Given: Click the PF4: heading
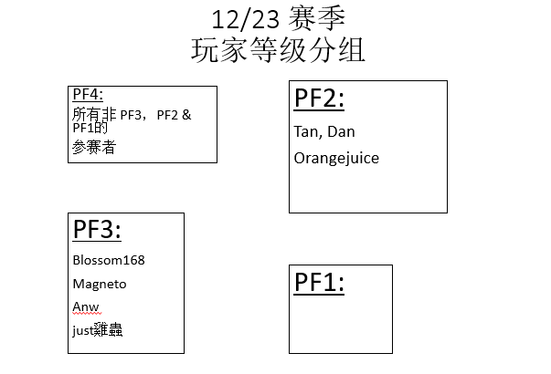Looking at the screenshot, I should point(88,94).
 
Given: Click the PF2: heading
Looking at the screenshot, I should point(320,99).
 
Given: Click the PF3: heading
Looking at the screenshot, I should point(99,230).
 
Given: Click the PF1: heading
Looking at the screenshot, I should point(320,283).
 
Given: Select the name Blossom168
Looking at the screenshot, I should point(109,260).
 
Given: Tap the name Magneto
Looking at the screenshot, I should point(100,284).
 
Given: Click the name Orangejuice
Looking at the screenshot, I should point(336,158).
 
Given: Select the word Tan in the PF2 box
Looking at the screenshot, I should point(306,132).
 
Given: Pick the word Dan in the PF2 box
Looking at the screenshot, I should point(341,132).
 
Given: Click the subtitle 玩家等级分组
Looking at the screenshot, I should point(278,50).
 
